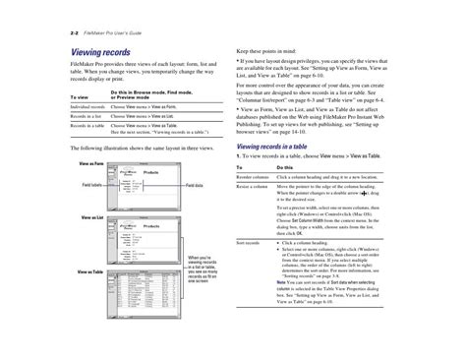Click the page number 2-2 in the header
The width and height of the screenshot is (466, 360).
[x=75, y=33]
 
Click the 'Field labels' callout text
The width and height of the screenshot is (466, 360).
[x=92, y=184]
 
